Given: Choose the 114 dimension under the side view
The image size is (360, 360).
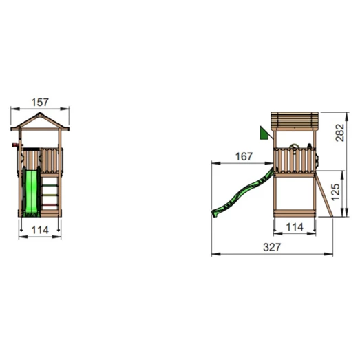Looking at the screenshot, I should click(x=295, y=226).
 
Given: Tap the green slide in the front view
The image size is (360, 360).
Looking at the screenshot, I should click(x=31, y=194).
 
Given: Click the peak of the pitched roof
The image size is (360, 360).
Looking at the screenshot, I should click(x=41, y=116).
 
